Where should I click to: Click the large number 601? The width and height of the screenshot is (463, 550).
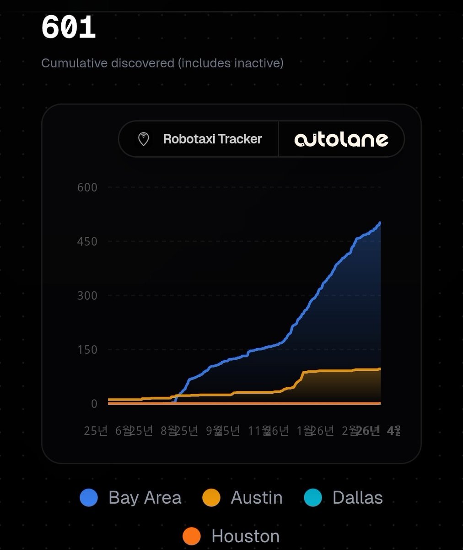point(68,28)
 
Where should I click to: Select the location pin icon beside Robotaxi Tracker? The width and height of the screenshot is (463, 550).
point(144,139)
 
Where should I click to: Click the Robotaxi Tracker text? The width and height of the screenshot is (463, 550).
point(212,139)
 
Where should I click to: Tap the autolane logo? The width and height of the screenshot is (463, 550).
point(341,139)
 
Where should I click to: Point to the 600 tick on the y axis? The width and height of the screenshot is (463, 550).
point(87,187)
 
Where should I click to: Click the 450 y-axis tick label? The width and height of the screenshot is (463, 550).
point(87,241)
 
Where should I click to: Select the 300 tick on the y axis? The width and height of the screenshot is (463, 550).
point(87,295)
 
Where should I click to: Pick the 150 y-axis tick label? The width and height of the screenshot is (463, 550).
point(87,349)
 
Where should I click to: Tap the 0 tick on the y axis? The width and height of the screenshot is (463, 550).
point(94,403)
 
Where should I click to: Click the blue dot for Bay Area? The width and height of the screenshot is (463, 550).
point(89,498)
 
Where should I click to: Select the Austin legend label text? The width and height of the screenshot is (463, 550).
point(257,498)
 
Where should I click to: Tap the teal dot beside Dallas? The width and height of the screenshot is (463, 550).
point(313,498)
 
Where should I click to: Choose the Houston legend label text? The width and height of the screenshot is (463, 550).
point(245,536)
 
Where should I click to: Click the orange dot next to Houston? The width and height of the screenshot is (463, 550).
point(192,536)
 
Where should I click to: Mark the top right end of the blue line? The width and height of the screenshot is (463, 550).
point(380,223)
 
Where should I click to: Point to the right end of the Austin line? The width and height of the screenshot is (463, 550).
point(380,369)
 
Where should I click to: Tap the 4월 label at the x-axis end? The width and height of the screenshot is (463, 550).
point(393,431)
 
